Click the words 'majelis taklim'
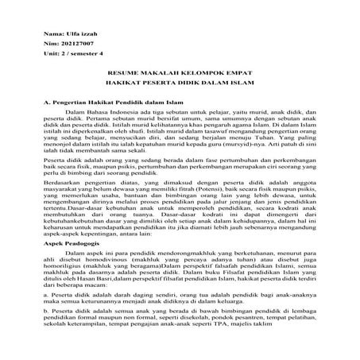point(270,347)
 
